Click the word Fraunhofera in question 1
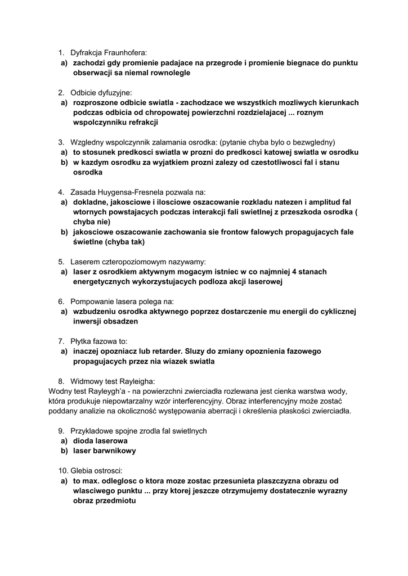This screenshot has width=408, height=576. tap(124, 53)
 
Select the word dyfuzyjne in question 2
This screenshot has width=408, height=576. tap(114, 92)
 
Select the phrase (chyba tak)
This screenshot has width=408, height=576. tap(122, 242)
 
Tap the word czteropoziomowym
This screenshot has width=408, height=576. tap(137, 262)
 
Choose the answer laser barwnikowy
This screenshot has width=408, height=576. tap(104, 451)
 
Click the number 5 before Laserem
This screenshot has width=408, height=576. tap(61, 262)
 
